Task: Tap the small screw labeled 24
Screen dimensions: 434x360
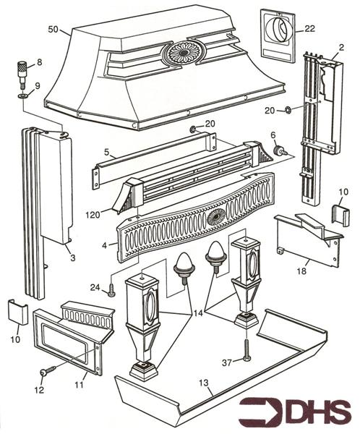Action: point(112,291)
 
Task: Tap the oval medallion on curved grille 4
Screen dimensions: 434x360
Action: point(215,218)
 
